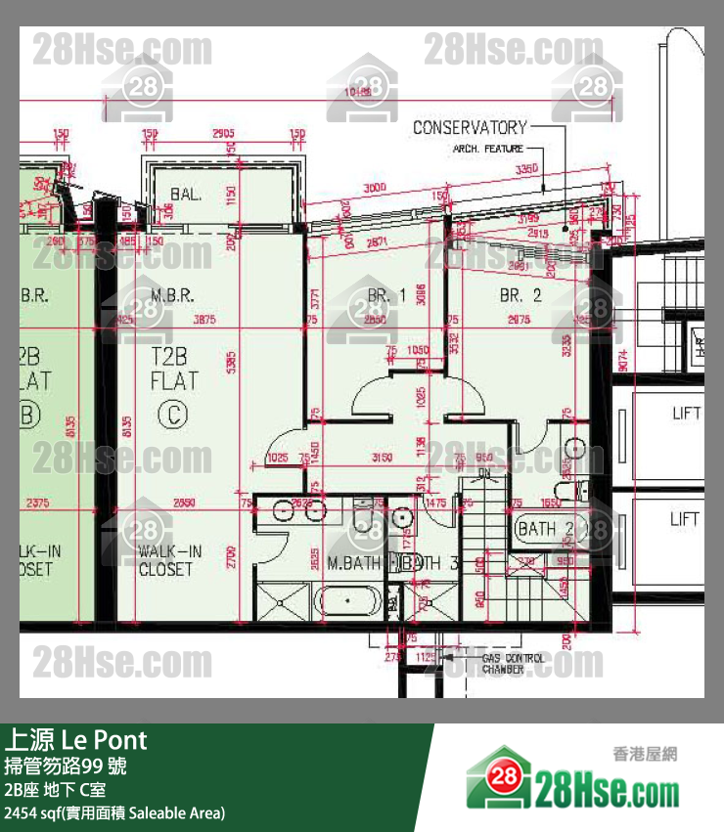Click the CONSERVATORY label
tap(469, 127)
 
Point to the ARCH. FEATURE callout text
tap(486, 150)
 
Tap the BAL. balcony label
tap(185, 194)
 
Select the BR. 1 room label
tap(385, 294)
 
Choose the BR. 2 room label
tap(520, 294)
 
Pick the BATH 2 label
tap(544, 529)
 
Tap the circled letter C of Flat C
tap(173, 416)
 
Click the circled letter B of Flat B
tap(26, 416)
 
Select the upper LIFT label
tap(685, 414)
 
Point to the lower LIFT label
tap(685, 519)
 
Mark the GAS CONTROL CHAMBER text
tap(513, 665)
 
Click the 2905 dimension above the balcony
tap(223, 133)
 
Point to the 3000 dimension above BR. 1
tap(373, 187)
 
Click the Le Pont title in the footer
tap(76, 739)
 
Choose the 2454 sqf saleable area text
tap(114, 812)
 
